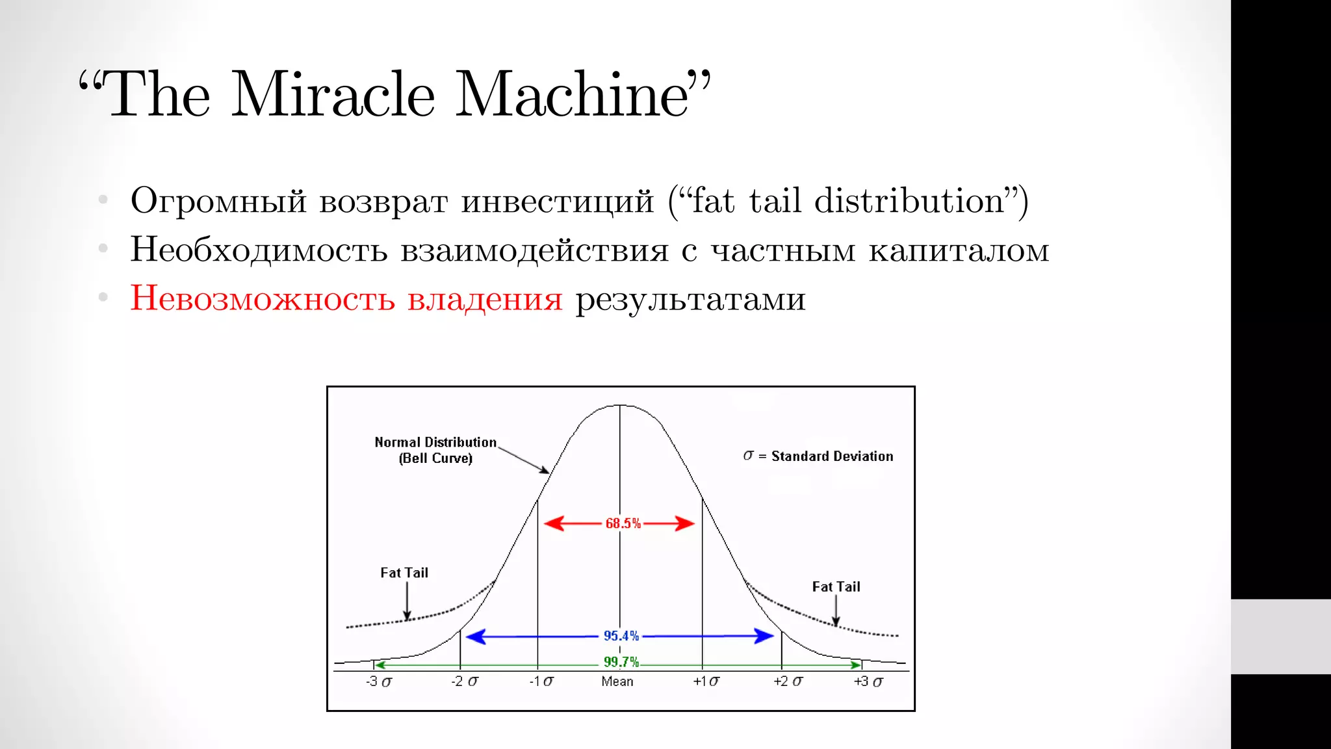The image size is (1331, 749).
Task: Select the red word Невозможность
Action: tap(263, 298)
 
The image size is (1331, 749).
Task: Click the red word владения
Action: tap(485, 300)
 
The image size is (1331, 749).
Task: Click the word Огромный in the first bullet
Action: tap(218, 202)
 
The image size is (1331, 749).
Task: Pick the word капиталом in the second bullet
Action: tap(959, 250)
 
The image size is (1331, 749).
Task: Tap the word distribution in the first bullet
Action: tap(909, 200)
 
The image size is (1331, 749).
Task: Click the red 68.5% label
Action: tap(623, 523)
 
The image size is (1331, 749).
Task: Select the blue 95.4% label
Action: tap(621, 636)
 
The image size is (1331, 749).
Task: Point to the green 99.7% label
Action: tap(621, 662)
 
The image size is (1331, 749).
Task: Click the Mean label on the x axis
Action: tap(617, 681)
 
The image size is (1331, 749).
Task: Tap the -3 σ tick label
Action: tap(379, 681)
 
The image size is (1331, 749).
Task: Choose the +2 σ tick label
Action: tap(788, 681)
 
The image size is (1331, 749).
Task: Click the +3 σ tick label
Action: tap(868, 681)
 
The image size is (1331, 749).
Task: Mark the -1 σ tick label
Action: tap(541, 681)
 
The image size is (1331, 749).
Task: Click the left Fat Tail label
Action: tap(404, 573)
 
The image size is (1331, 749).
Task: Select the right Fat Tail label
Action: tap(836, 587)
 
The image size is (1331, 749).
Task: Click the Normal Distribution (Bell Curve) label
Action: tap(435, 450)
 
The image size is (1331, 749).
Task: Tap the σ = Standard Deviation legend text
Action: tap(818, 456)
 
